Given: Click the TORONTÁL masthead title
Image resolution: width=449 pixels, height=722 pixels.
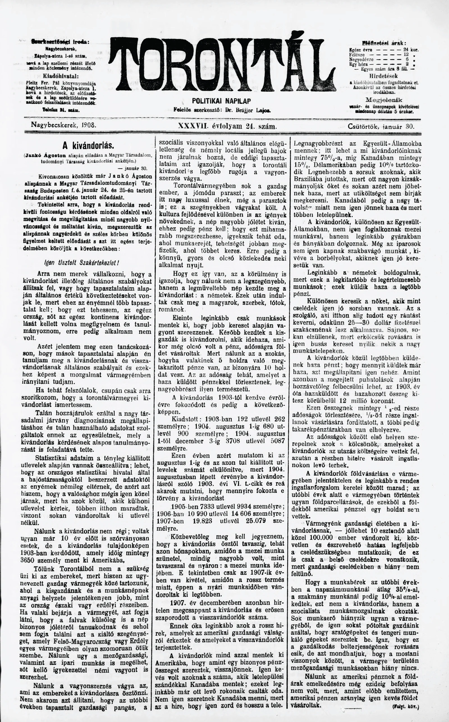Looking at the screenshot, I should click(x=223, y=64).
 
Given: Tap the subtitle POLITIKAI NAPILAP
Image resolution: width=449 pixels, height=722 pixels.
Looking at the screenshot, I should click(x=221, y=101).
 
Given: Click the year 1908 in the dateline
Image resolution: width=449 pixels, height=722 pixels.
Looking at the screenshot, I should click(x=89, y=126).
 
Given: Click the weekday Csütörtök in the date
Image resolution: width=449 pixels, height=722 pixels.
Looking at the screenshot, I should click(x=363, y=126).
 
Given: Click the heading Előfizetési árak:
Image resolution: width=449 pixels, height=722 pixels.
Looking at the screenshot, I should click(x=384, y=42).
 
